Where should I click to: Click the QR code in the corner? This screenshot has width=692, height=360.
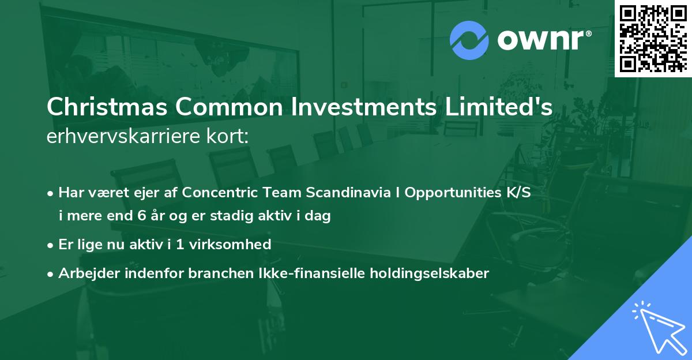(653, 39)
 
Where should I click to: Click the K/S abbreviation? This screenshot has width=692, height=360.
(516, 193)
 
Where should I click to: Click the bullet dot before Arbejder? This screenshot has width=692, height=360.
(51, 274)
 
